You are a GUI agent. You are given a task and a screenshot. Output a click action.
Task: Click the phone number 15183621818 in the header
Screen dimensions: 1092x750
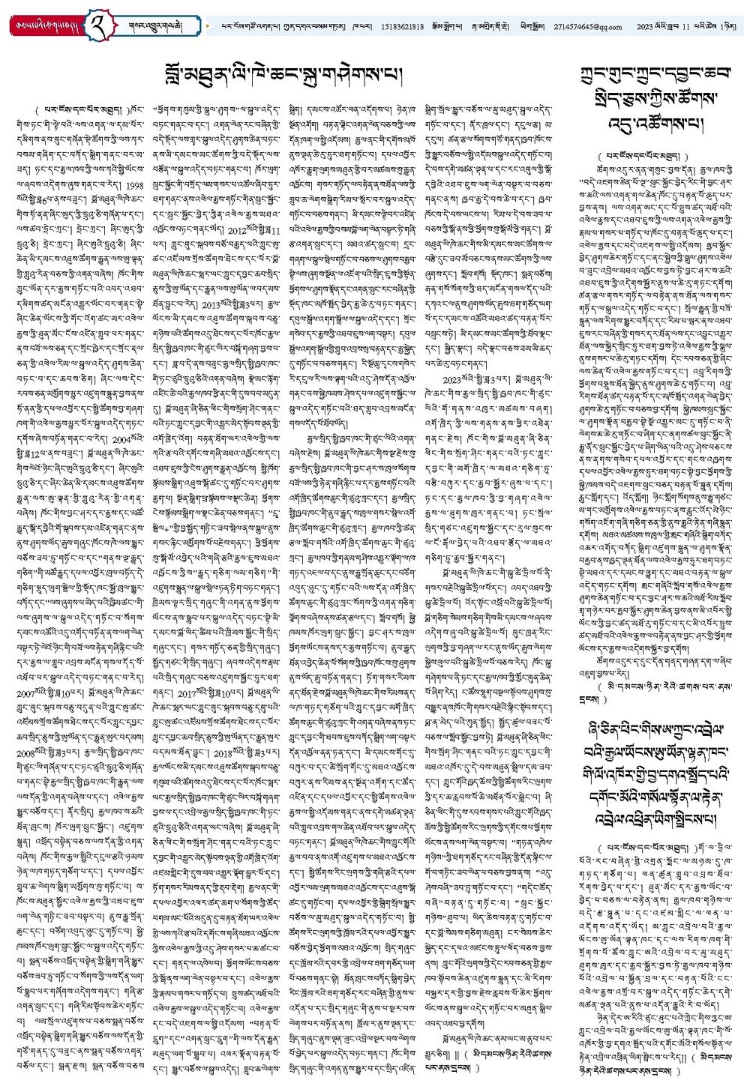tap(403, 27)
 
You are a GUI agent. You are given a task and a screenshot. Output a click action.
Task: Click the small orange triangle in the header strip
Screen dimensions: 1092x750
tap(208, 26)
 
